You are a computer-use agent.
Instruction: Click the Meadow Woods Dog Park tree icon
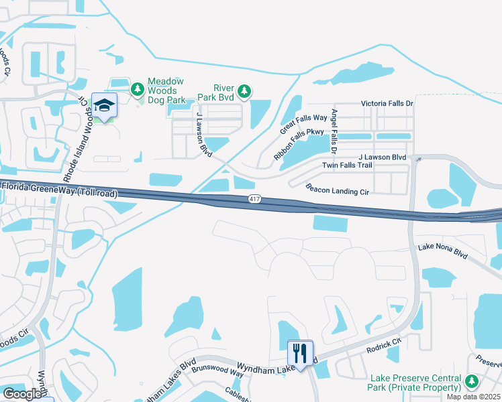[x=138, y=88]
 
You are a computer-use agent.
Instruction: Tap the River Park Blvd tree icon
[x=245, y=90]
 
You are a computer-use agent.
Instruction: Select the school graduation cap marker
[x=105, y=105]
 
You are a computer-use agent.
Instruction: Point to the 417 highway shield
[x=254, y=198]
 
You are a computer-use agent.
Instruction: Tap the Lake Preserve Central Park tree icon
[x=472, y=381]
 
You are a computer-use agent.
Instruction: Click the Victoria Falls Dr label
[x=387, y=104]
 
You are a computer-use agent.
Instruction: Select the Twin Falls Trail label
[x=346, y=165]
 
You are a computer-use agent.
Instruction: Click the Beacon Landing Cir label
[x=337, y=190]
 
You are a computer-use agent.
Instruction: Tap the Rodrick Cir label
[x=383, y=346]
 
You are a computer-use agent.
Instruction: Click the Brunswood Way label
[x=217, y=370]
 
